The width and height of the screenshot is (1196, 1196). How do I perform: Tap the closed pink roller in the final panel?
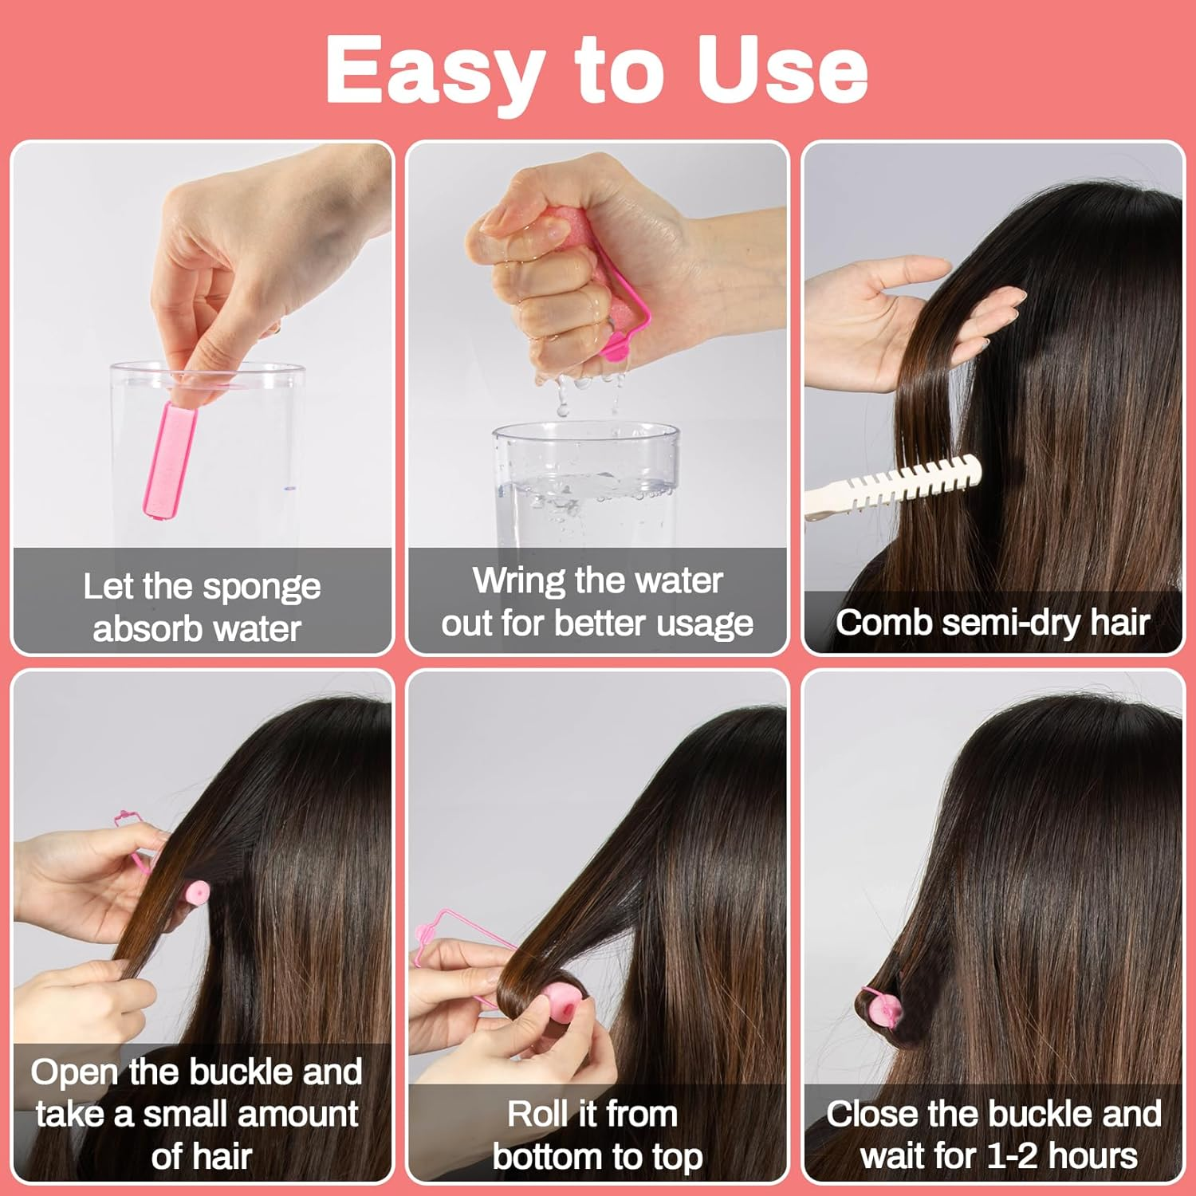[x=883, y=1011]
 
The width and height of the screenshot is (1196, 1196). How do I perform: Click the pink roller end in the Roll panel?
[x=558, y=1006]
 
